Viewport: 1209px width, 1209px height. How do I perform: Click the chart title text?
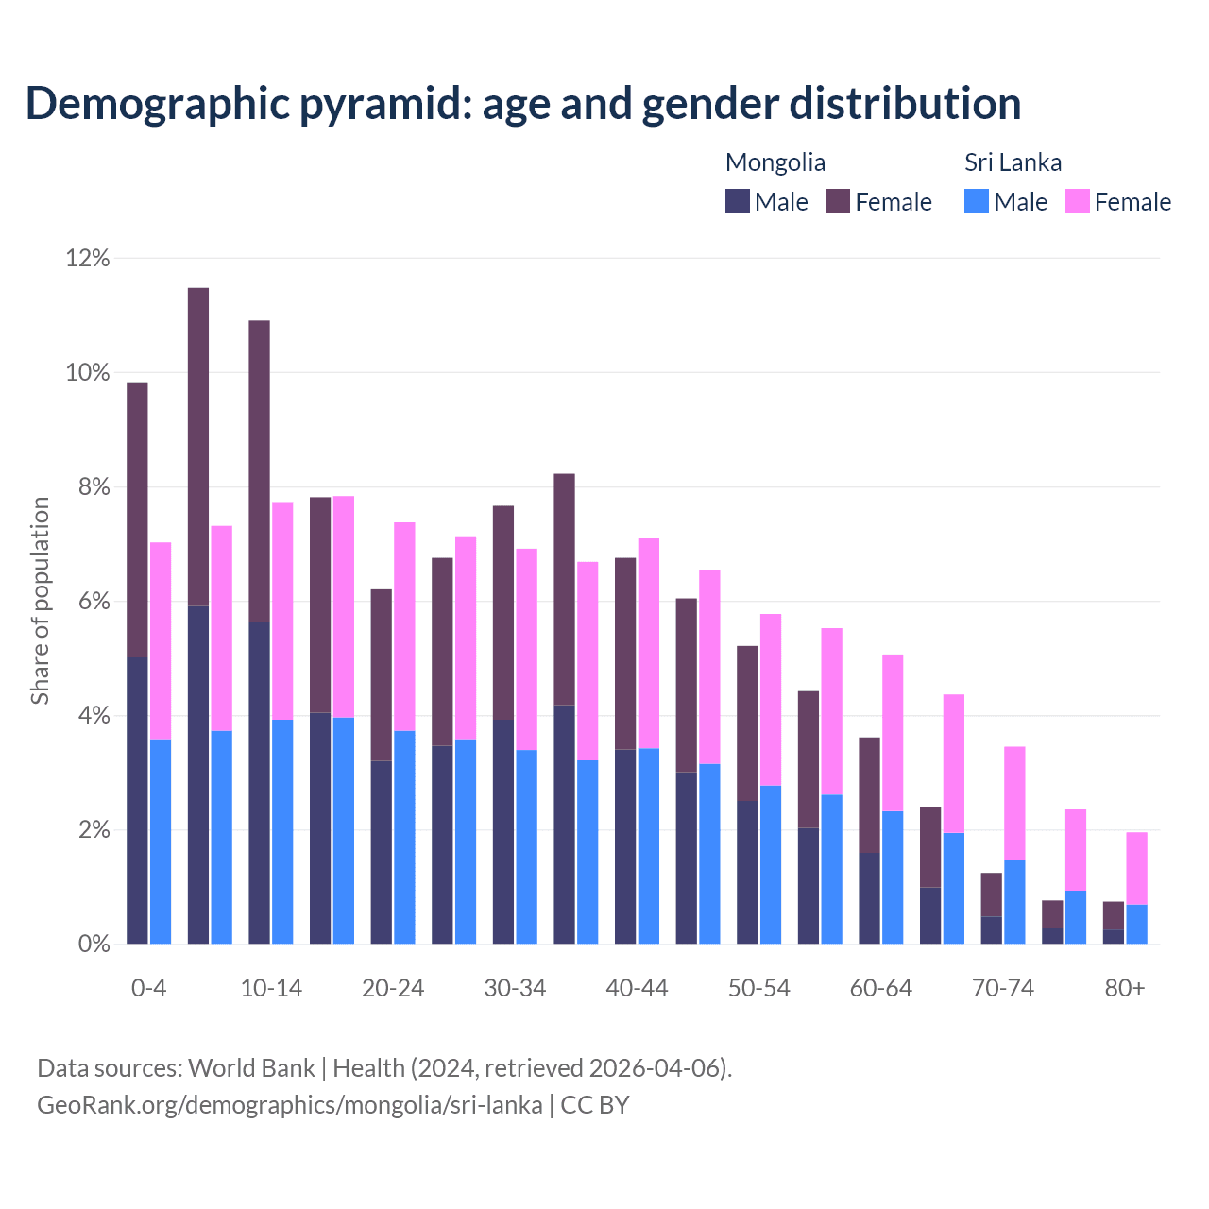(x=523, y=104)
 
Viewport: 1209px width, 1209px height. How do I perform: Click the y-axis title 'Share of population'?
(x=40, y=601)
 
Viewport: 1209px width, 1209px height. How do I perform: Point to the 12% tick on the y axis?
(x=88, y=258)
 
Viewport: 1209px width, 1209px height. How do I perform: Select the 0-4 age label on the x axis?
(x=148, y=988)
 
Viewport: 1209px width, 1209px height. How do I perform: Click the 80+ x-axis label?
(x=1125, y=988)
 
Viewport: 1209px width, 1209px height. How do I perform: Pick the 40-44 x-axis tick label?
(x=637, y=988)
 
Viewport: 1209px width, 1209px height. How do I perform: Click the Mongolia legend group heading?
(x=775, y=162)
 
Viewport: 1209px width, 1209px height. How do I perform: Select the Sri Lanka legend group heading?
(x=1013, y=162)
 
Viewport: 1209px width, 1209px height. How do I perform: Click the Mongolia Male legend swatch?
(x=738, y=201)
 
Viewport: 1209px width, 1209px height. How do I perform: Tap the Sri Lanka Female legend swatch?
(x=1078, y=201)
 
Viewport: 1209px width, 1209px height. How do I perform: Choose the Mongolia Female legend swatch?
(x=838, y=201)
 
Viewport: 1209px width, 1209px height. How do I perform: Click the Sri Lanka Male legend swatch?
(x=977, y=201)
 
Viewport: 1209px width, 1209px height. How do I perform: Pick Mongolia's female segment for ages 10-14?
(x=259, y=471)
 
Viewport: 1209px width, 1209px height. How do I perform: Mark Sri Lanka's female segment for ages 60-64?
(x=893, y=733)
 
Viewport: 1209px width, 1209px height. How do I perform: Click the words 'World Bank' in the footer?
(x=251, y=1068)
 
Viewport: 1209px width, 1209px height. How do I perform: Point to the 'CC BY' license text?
(x=595, y=1105)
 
